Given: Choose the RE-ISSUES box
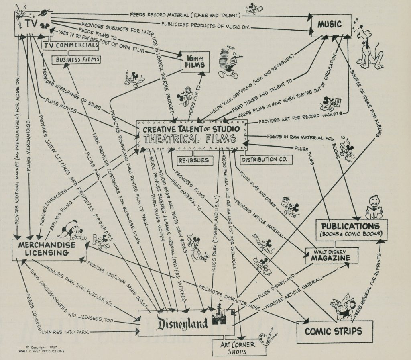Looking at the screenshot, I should click(194, 160).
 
